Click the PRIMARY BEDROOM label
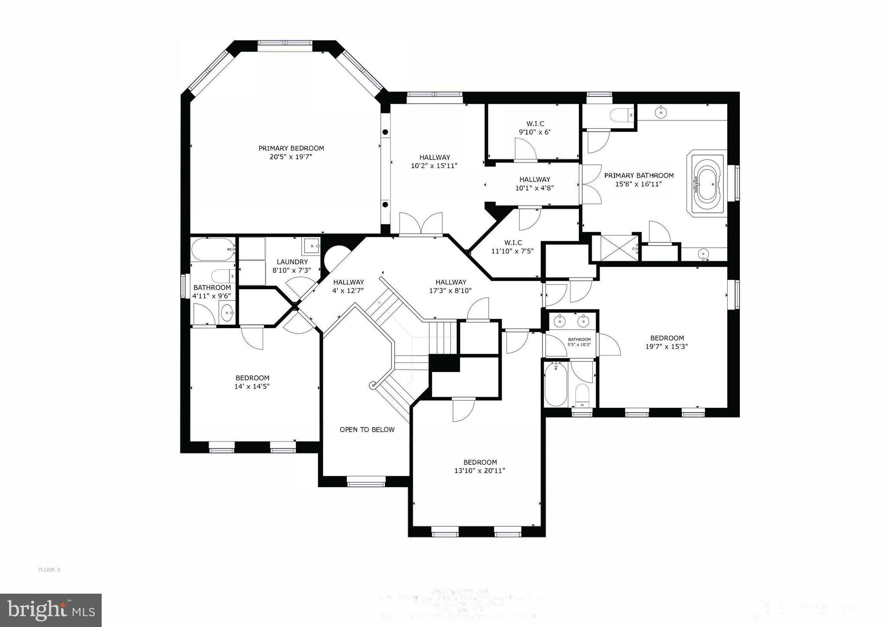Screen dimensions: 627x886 coord(291,148)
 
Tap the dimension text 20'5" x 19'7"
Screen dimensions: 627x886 coord(291,157)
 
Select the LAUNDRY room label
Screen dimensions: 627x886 coord(292,262)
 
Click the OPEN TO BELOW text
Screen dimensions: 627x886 coord(367,430)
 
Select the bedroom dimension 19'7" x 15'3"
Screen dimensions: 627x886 coord(667,346)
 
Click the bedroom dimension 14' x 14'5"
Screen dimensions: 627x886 coord(252,386)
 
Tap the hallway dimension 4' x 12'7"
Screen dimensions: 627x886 coord(348,291)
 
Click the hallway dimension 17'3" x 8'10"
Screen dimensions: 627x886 coord(450,291)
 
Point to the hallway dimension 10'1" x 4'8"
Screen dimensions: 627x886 coord(535,188)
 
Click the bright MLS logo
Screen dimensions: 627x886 coord(51,610)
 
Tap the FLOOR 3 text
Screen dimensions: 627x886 coord(49,570)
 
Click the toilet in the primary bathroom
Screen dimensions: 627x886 coord(620,116)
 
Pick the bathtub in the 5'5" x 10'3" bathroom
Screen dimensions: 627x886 coord(555,384)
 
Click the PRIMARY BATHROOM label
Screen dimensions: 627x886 coord(639,176)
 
